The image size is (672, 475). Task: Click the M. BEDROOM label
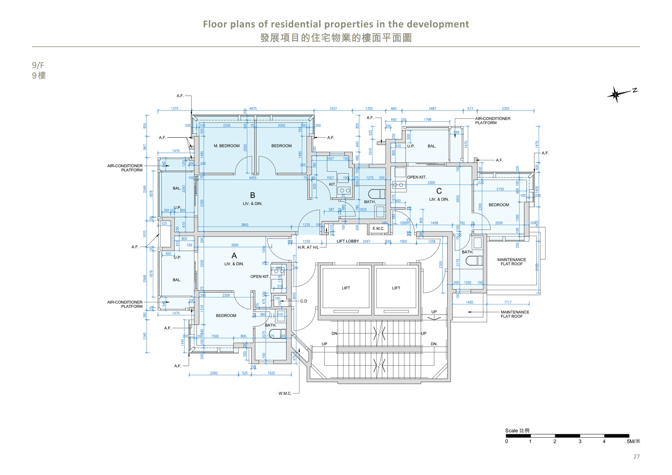(226, 146)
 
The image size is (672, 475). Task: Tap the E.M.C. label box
(378, 228)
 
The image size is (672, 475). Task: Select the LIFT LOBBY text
(348, 241)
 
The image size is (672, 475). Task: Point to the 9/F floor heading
(38, 65)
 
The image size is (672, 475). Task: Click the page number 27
(636, 457)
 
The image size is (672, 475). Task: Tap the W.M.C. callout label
(285, 394)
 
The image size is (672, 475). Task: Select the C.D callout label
(304, 301)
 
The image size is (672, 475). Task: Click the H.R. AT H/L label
(308, 247)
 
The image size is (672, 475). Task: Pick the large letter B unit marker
(252, 195)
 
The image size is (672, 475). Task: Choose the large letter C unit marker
(439, 191)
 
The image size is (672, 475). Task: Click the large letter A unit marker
(234, 256)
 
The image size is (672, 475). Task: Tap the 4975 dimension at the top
(253, 108)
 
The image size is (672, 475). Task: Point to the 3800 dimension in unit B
(244, 225)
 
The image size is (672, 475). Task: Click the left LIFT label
(346, 288)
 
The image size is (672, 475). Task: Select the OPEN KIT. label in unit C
(417, 177)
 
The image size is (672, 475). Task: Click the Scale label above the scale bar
(511, 430)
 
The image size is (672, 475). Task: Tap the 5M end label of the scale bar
(633, 441)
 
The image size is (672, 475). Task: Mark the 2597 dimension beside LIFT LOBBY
(367, 241)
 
